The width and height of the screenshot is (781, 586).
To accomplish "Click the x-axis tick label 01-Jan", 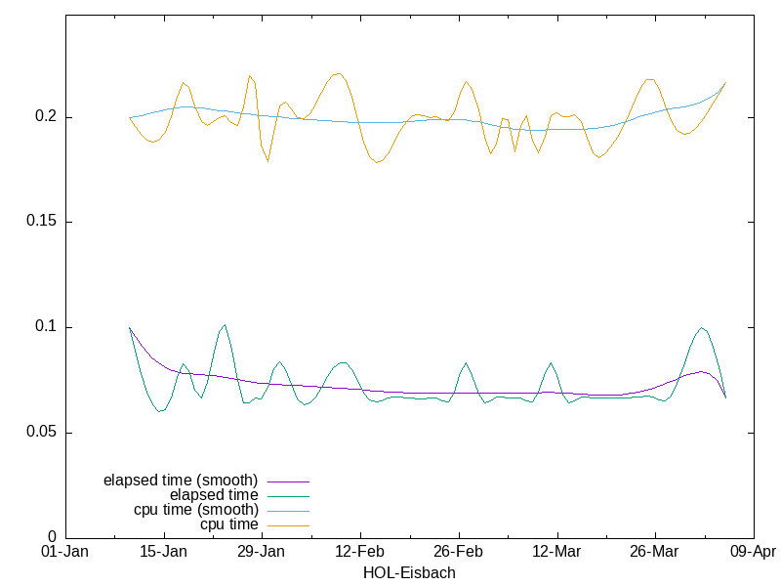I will click(x=65, y=552).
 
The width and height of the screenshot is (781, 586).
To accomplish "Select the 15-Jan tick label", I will click(x=163, y=552).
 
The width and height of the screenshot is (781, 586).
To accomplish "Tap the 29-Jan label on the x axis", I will click(x=262, y=552).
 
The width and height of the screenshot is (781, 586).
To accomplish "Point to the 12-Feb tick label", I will click(x=360, y=552).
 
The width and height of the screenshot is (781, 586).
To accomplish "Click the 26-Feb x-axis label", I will click(x=459, y=552).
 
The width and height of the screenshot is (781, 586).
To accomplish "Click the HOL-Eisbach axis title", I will click(x=409, y=573).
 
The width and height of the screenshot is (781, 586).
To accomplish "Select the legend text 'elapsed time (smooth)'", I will click(x=181, y=481).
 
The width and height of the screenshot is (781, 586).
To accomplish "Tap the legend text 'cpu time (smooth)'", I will click(x=196, y=510).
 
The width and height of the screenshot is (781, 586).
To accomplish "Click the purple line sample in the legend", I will click(x=287, y=481).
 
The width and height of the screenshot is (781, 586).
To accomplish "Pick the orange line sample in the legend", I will click(x=287, y=525).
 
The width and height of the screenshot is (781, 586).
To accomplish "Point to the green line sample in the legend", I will click(x=287, y=496).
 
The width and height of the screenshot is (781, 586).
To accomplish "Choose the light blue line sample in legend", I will click(x=287, y=511).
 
